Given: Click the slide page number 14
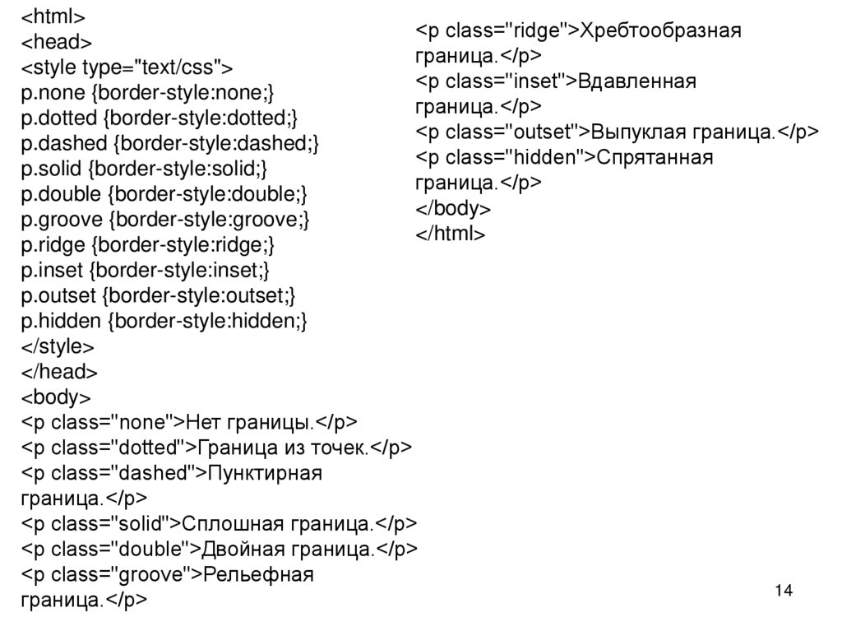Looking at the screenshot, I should point(783,591).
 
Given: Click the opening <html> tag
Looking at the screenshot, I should point(53,16).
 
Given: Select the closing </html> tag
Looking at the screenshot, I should point(451,234).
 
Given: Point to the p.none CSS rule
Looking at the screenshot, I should point(147,92).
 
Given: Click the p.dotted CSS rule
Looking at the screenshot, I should point(160,118).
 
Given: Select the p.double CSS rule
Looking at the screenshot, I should point(164,194).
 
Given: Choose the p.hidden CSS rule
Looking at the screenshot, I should point(164,321).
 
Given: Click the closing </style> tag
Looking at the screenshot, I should point(58,346).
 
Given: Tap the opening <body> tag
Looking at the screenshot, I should point(56,397).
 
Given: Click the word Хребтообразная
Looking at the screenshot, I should point(661,31).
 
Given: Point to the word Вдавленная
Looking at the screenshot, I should point(637,81).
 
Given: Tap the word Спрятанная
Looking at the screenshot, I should point(655,157).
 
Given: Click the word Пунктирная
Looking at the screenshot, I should point(265,473).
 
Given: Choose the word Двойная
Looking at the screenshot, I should point(233,549).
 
